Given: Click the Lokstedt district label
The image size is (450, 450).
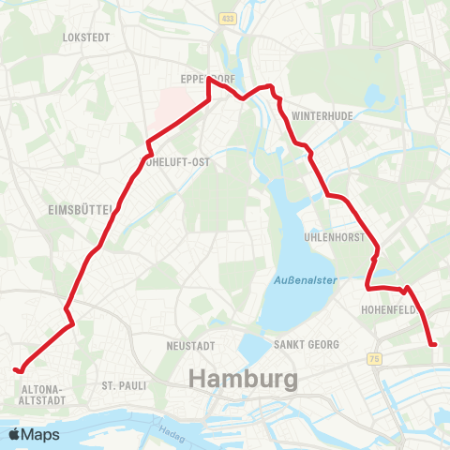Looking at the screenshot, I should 85,37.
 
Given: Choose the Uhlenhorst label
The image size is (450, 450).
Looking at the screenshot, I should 335,238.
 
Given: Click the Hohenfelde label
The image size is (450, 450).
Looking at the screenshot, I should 386,307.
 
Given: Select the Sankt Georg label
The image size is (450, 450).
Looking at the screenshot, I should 306,345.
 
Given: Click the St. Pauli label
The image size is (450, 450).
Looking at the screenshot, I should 120,385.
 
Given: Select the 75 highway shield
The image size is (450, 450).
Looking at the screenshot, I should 376,358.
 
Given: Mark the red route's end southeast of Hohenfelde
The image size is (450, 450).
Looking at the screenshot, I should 434,345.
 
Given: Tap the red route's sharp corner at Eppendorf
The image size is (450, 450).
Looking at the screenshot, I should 208,80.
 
